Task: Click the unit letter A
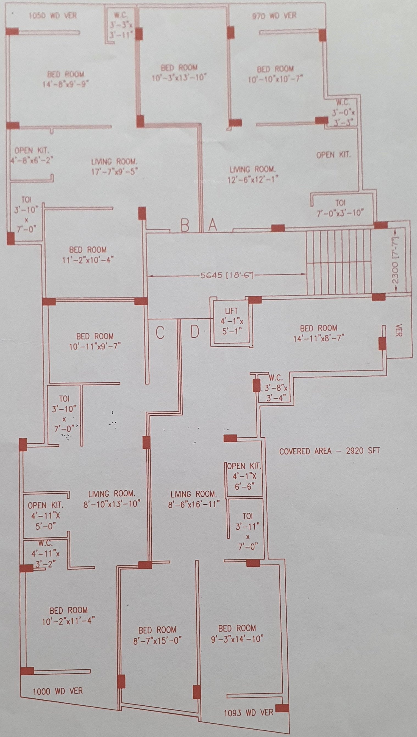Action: pos(212,225)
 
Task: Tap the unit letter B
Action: pos(185,225)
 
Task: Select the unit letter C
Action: pos(160,332)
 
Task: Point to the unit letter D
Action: pos(195,332)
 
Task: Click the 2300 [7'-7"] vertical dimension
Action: pos(395,260)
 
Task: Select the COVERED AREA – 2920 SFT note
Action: pos(329,451)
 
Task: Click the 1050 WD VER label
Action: pos(53,15)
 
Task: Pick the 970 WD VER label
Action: pos(274,16)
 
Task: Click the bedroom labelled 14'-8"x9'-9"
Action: pos(66,79)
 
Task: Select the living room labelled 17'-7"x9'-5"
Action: pos(114,166)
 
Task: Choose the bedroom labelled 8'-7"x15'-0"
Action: pos(157,635)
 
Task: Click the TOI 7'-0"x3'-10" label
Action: pos(340,208)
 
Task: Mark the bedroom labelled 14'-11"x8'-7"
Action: pos(318,333)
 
